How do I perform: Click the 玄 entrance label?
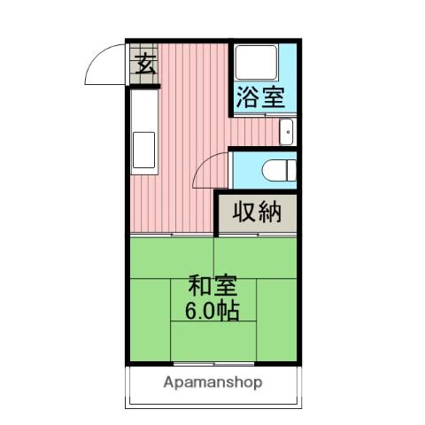tap(145, 64)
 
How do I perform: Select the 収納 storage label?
tap(258, 212)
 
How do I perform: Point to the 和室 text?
tap(212, 286)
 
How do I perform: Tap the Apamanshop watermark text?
tap(212, 383)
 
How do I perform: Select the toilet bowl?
tap(275, 168)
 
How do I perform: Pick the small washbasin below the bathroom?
tap(286, 134)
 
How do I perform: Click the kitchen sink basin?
tap(143, 149)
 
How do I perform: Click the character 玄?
tap(145, 64)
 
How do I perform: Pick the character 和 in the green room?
tap(198, 286)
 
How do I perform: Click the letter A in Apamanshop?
tap(168, 382)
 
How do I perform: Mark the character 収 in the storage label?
tap(245, 212)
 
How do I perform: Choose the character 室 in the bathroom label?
tap(274, 96)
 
